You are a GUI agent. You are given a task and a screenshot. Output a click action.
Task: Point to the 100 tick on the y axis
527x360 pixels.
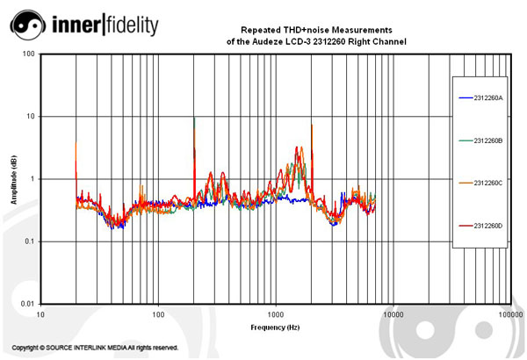click(29, 54)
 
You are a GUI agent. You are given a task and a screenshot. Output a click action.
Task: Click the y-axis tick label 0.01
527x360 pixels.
click(27, 304)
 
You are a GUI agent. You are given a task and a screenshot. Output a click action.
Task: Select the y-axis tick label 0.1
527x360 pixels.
click(29, 241)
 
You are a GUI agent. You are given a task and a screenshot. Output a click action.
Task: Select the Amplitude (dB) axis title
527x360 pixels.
click(13, 179)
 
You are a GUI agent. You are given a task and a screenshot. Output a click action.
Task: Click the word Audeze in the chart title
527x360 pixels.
click(289, 41)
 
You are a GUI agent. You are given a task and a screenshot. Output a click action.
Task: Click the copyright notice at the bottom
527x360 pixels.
click(95, 348)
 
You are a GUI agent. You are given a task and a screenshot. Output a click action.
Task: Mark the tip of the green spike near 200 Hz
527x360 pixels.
click(194, 119)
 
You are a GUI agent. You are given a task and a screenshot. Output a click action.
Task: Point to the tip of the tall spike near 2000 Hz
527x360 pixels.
click(312, 125)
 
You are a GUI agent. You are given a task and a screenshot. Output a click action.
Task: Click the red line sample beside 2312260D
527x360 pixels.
click(466, 226)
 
